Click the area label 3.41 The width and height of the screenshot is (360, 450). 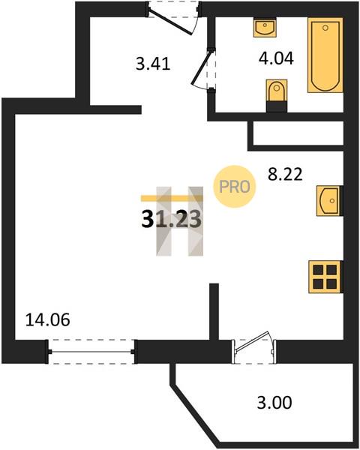pos(153,64)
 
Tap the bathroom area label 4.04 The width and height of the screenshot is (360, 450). pos(276,58)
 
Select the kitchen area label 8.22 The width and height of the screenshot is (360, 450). pos(285,174)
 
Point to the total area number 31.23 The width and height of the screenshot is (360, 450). pos(171,220)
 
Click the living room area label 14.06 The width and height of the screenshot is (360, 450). pos(48,319)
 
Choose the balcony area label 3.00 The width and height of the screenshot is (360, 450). pos(274,402)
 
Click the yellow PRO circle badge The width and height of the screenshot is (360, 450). pos(235,187)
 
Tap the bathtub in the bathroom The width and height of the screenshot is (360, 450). pos(325,55)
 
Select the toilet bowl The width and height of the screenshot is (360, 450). pos(277,91)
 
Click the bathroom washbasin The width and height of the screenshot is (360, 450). pos(265,28)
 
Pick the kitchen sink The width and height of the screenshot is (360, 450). pos(329,200)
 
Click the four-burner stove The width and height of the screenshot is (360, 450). pos(325,277)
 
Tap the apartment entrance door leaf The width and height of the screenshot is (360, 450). pos(171,22)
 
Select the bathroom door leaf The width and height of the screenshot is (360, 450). pos(202,67)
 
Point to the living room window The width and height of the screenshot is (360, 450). pos(91,352)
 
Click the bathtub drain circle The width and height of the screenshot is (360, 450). pos(325,28)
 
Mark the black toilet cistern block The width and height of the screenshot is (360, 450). pos(277,106)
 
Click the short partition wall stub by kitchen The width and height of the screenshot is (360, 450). pos(214,311)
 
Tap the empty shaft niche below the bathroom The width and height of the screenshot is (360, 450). pos(298,133)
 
